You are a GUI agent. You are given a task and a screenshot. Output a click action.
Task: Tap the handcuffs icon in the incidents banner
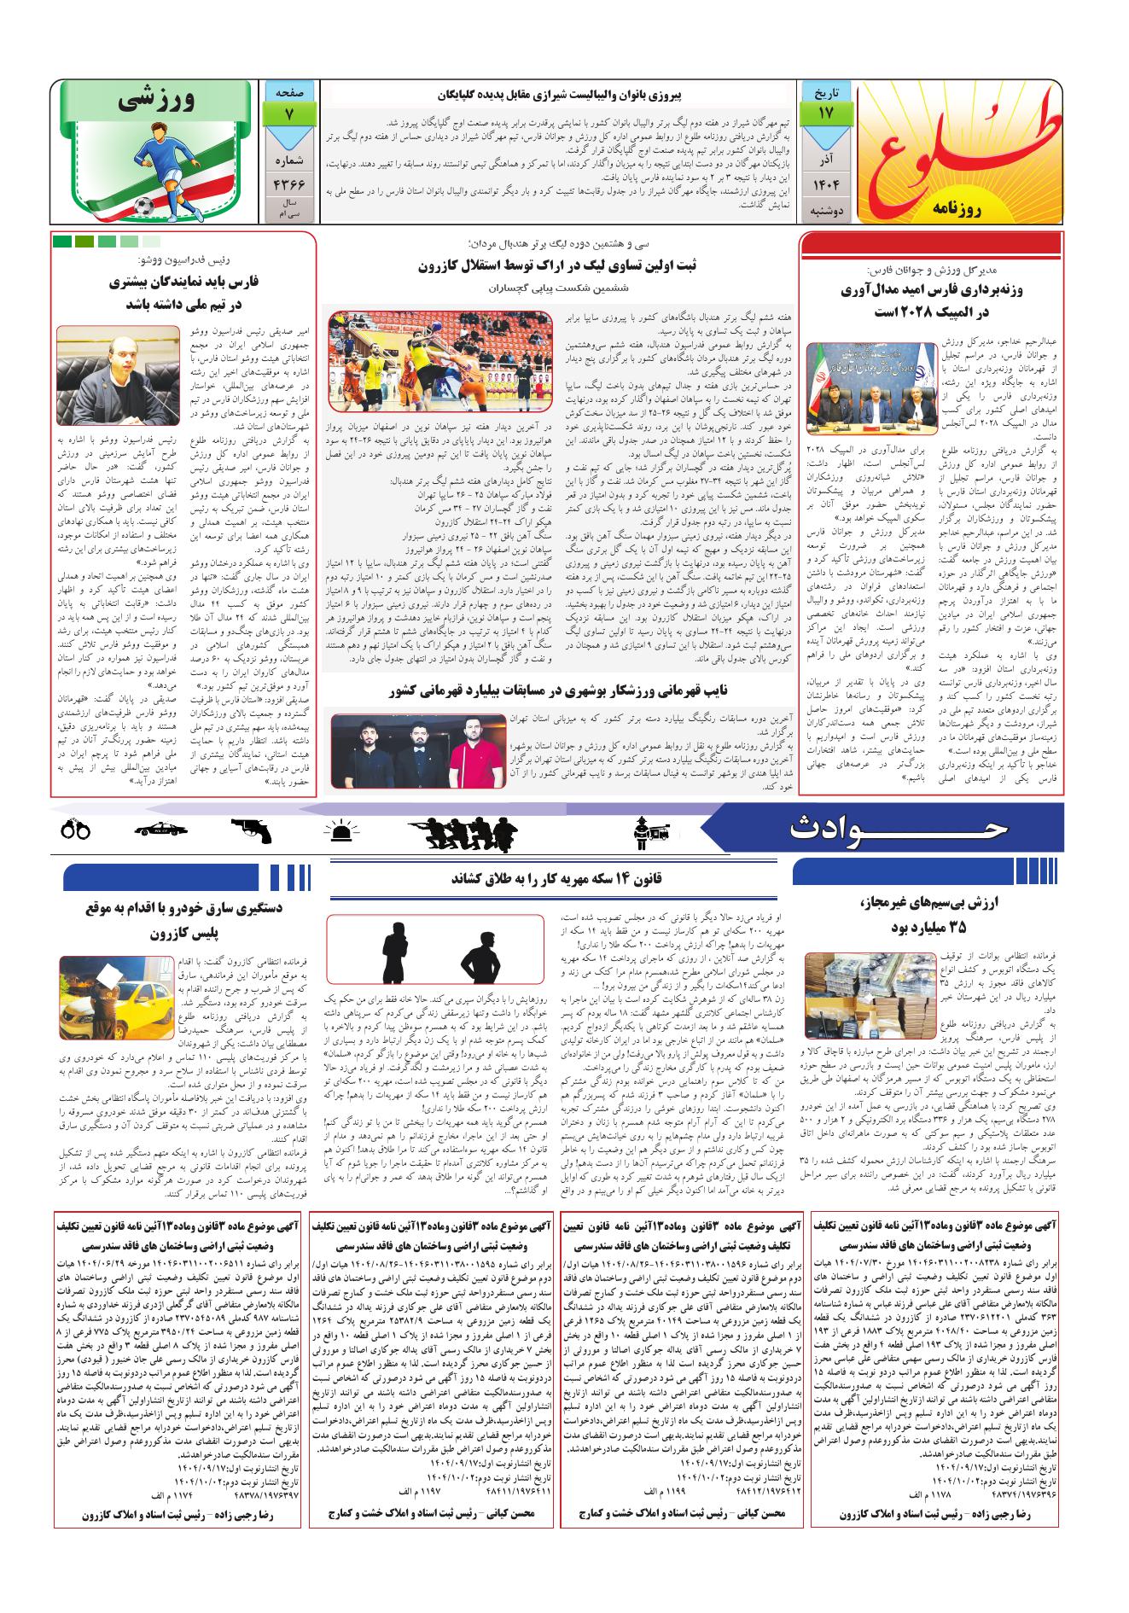[x=76, y=829]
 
